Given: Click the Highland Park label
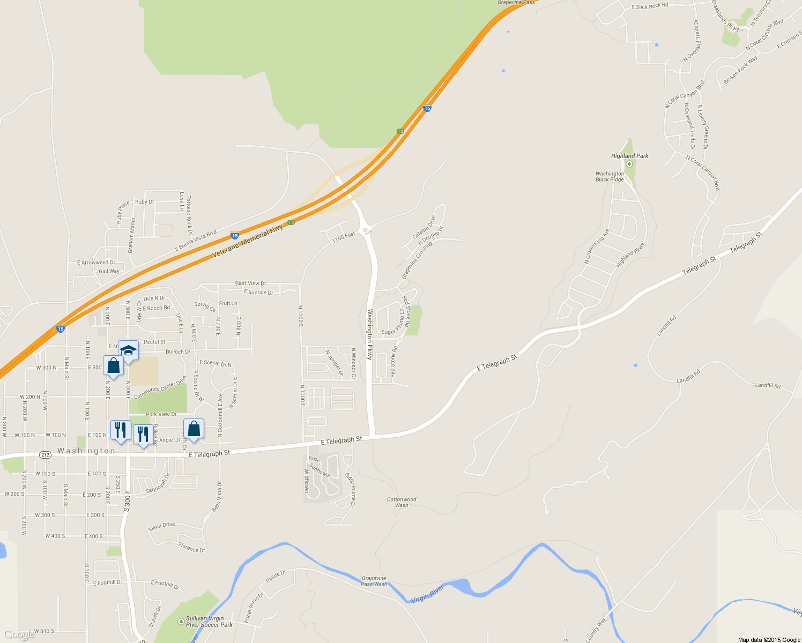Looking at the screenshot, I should tap(629, 156).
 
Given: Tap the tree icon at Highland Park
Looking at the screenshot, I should tap(629, 164).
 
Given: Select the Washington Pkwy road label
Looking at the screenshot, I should tap(369, 334).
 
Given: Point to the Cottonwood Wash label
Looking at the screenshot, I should tap(402, 502).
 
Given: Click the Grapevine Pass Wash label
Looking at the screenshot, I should tap(374, 581).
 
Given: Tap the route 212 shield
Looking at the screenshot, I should tap(45, 455).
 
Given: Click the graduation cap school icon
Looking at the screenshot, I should tap(128, 351).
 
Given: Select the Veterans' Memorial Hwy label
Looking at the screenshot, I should tap(248, 242).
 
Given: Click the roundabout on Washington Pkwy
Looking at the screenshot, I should tap(366, 230).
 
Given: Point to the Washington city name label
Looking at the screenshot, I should tap(86, 451).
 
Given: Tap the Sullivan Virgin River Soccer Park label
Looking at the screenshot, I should tap(209, 622).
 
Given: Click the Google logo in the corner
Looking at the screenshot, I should tap(19, 635).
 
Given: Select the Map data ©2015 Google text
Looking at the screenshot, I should tap(769, 640).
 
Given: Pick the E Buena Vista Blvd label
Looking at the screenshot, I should tap(196, 241).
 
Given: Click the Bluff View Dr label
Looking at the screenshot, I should tap(250, 283).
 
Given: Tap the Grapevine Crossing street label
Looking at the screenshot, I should tap(417, 260).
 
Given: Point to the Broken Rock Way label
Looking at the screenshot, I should tap(740, 70).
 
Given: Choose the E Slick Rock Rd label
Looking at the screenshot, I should tap(650, 6).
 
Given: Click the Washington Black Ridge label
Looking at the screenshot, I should tap(610, 177).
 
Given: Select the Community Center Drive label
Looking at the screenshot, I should tap(160, 387).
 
